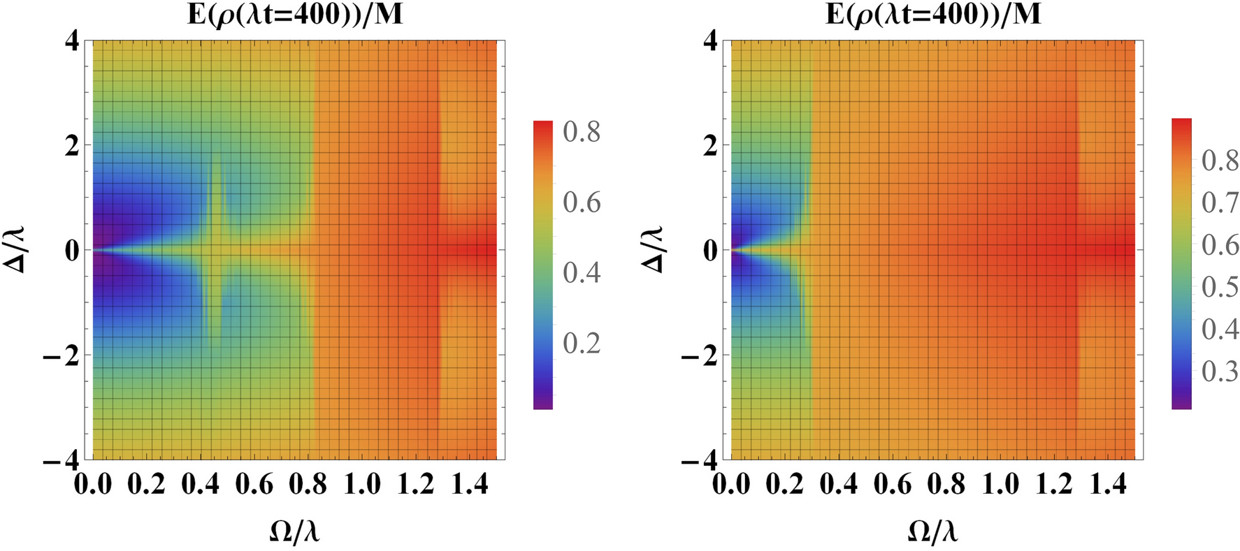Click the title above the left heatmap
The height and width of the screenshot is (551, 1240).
pos(295,14)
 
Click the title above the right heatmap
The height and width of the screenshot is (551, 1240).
pos(933,14)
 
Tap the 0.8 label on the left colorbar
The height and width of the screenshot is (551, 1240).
pos(582,132)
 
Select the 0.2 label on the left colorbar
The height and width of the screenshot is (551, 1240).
pos(582,343)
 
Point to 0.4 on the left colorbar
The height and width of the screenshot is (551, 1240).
pos(582,272)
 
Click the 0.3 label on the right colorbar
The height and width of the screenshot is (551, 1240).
pos(1220,372)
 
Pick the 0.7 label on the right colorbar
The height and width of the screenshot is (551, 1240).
pos(1220,203)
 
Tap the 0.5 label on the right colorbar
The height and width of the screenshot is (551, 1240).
pos(1220,287)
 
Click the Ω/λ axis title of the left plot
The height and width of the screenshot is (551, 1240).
pos(295,533)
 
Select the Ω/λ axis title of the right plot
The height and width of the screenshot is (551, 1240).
pos(933,533)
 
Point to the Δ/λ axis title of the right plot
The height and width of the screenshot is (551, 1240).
pos(655,249)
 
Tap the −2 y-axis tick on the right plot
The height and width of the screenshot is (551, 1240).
pos(699,355)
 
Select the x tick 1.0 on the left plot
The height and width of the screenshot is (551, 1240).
pos(362,484)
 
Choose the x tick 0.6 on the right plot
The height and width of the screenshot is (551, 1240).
pos(893,484)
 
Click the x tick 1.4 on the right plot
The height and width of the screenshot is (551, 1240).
pos(1108,484)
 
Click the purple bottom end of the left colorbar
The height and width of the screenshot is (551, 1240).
pos(542,404)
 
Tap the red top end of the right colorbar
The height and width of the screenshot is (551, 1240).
pos(1181,124)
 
